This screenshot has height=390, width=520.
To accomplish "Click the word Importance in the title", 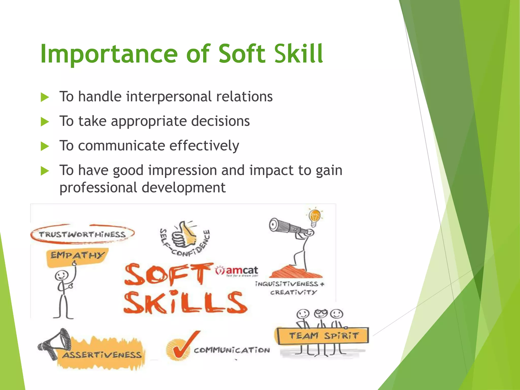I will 109,54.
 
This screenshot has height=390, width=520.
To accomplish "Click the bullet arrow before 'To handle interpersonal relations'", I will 45,97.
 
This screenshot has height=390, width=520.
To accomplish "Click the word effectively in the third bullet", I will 204,146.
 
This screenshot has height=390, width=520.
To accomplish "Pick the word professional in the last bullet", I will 98,188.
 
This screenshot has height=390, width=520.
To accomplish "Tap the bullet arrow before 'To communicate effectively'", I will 45,146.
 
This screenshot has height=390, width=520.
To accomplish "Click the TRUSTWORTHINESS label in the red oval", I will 82,234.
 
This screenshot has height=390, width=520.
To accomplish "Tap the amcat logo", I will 237,271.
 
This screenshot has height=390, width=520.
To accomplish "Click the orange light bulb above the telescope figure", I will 315,217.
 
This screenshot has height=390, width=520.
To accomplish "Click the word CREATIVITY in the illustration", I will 294,293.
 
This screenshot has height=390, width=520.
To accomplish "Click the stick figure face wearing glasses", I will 321,314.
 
